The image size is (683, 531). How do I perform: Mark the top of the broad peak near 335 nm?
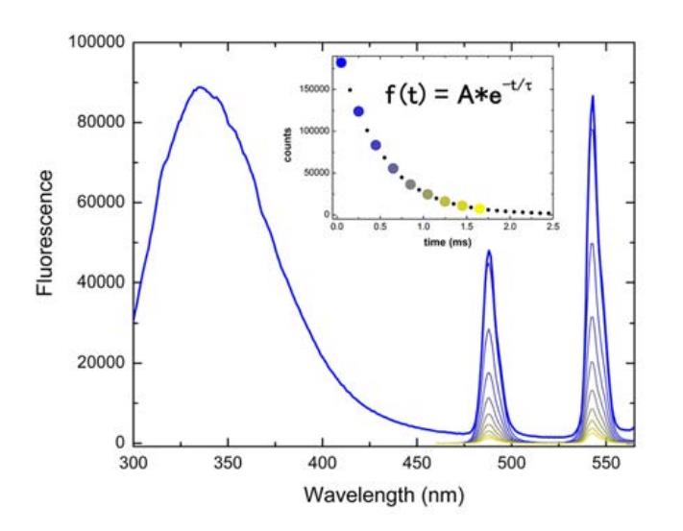pos(200,87)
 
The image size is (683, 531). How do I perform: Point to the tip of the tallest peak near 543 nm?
pos(593,96)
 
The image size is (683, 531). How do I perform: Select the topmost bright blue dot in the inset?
pos(341,62)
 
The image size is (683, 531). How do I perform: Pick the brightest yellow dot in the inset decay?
pos(479,208)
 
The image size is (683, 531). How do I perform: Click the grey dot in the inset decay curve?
pos(410,183)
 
